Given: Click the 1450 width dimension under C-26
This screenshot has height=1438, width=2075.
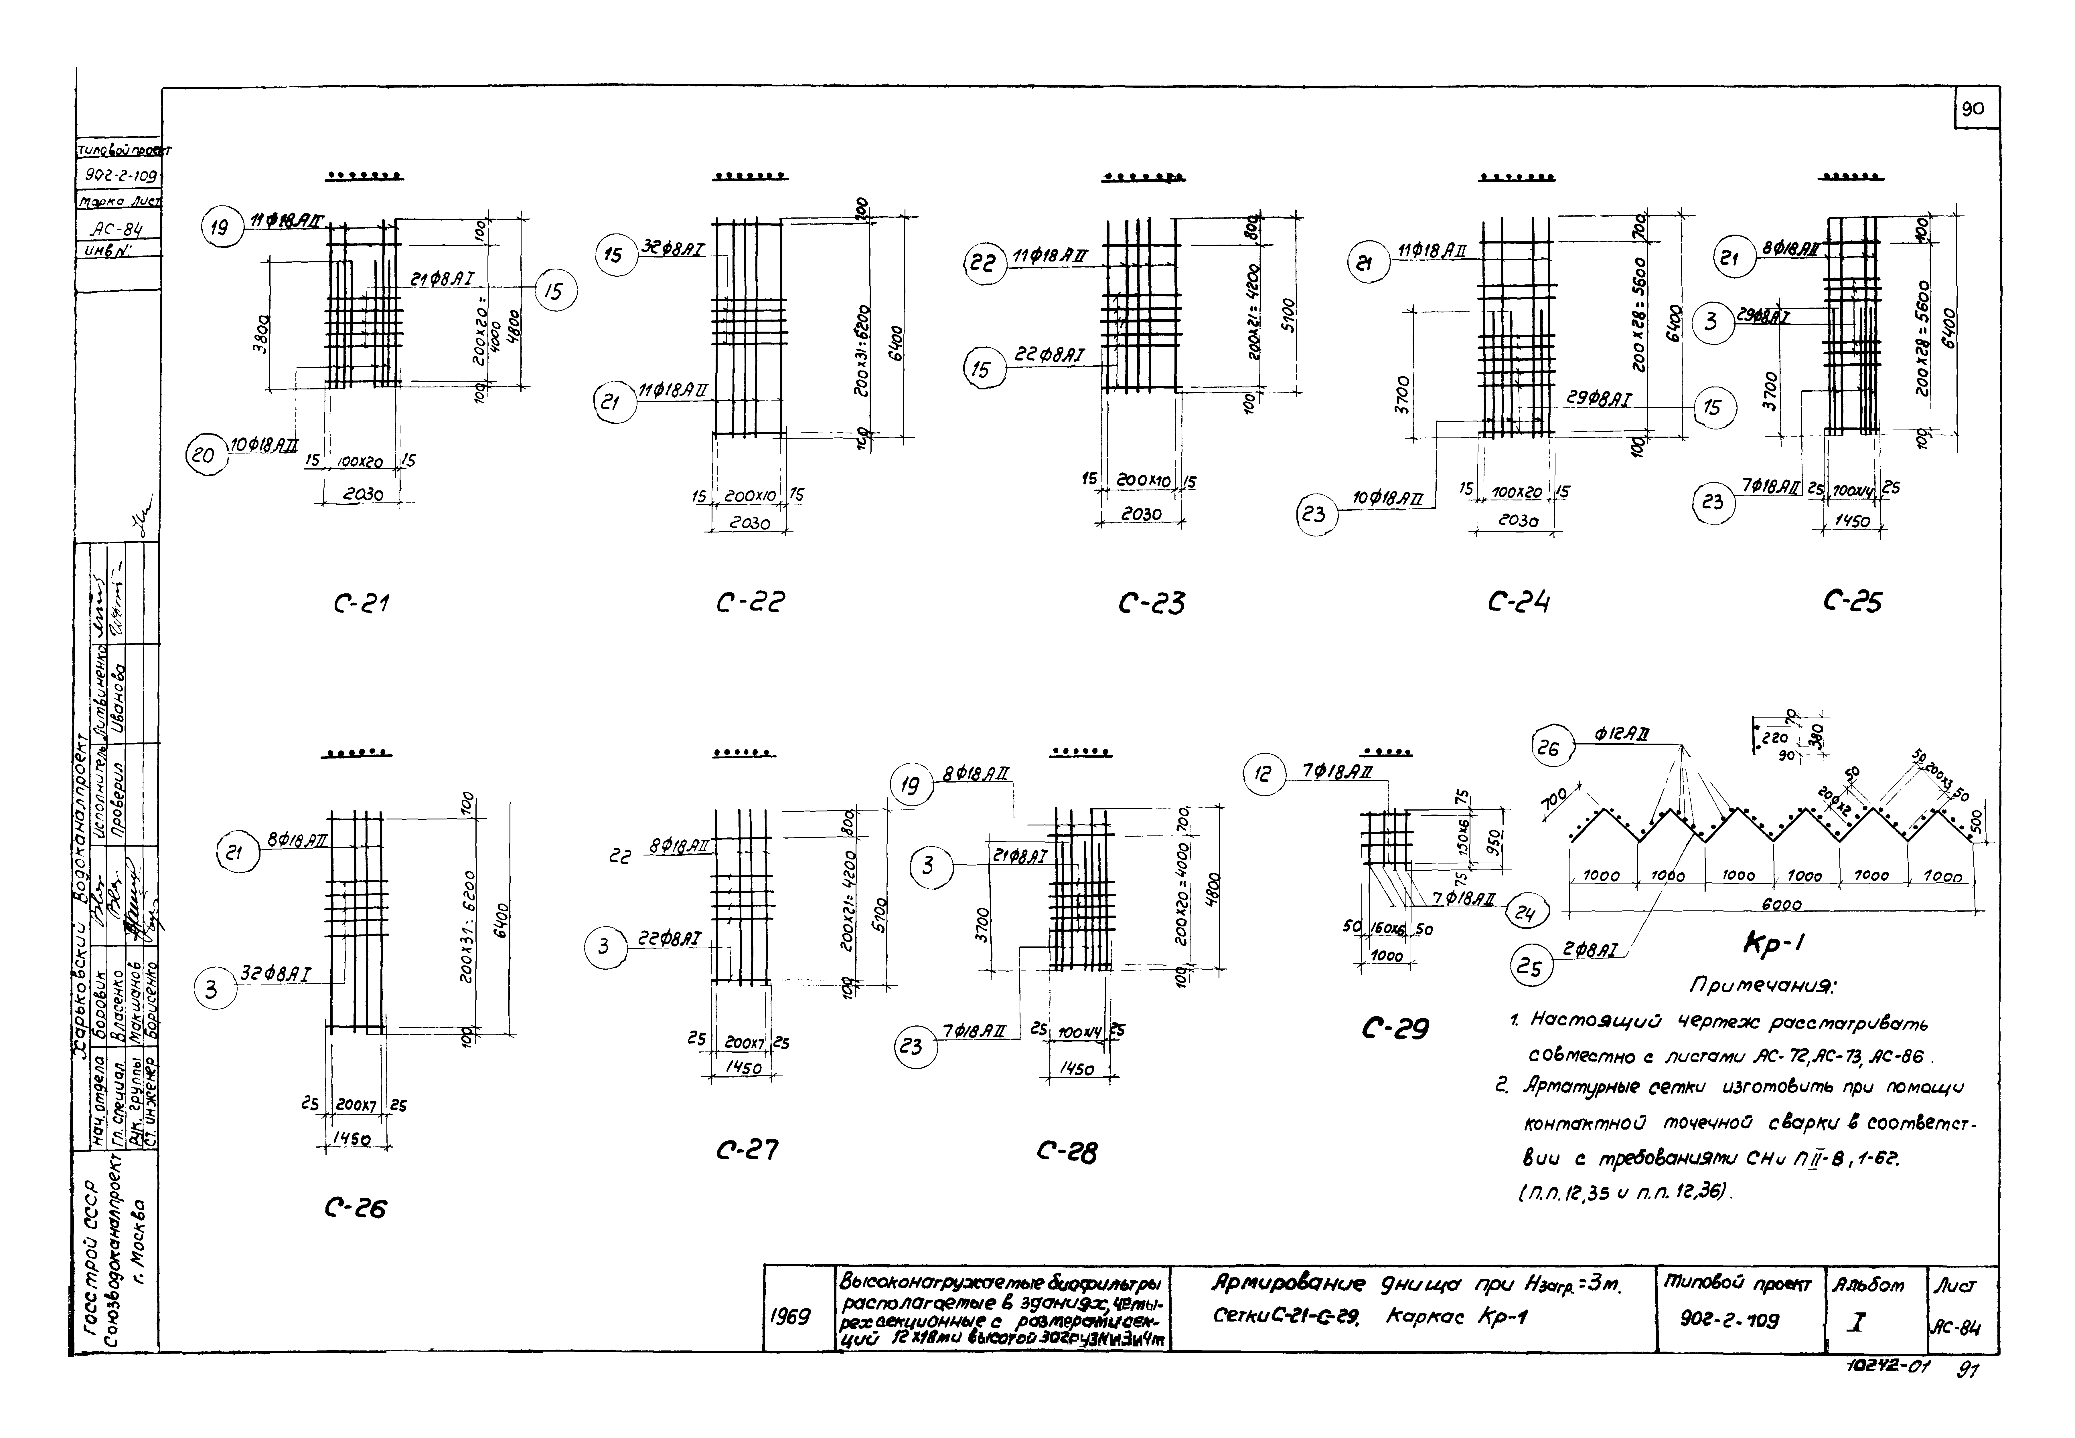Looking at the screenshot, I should (x=356, y=1139).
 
